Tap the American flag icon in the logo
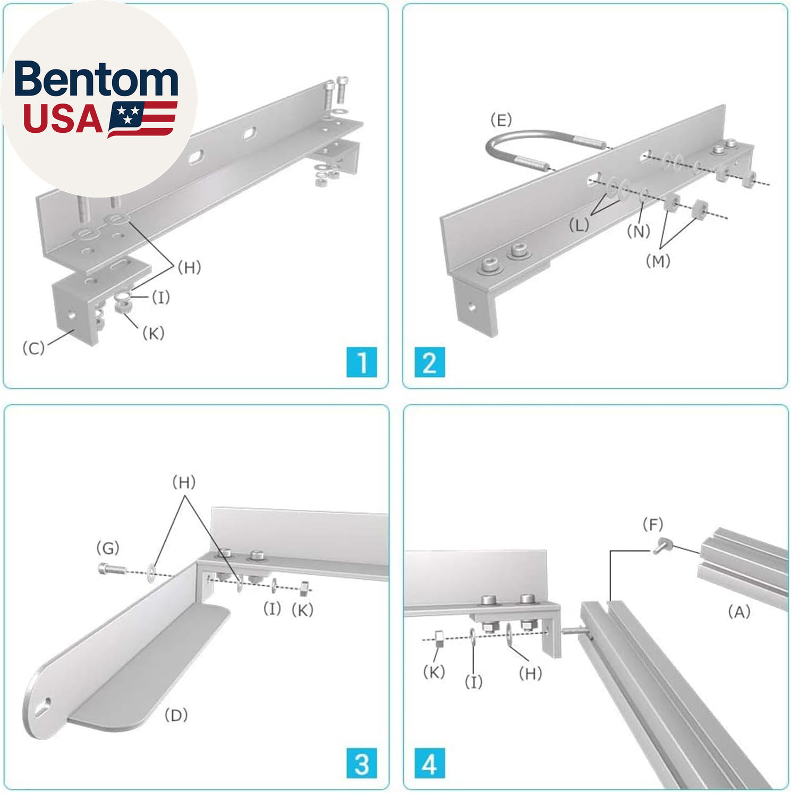(x=142, y=119)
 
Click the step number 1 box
(x=362, y=362)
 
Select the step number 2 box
(x=429, y=362)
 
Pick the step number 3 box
(x=362, y=763)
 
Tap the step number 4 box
(x=429, y=763)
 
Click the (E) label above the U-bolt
(x=501, y=120)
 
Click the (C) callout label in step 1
(x=33, y=348)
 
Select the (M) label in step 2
(x=658, y=261)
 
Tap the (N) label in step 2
(x=639, y=232)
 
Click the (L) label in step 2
(x=579, y=225)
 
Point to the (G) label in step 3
(x=108, y=548)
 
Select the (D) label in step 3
(x=176, y=715)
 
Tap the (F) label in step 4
(x=653, y=525)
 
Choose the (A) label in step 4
(x=739, y=612)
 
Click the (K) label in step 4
(x=434, y=672)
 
